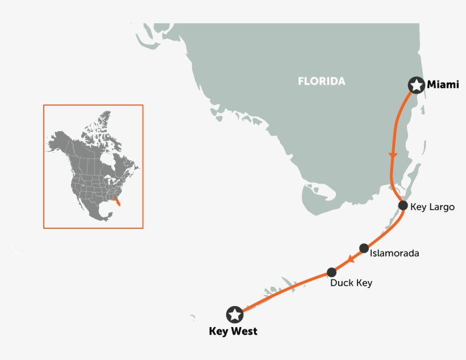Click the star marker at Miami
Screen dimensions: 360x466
(x=417, y=85)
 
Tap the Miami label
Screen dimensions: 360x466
(x=443, y=85)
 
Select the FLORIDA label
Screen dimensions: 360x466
(x=321, y=81)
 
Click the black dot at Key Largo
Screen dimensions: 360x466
(x=403, y=206)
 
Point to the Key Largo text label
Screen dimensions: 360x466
(x=432, y=207)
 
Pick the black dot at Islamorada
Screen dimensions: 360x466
(x=364, y=248)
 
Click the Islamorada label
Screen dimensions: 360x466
(x=394, y=253)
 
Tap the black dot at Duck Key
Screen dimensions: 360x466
(x=332, y=273)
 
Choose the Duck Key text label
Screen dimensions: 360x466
(x=351, y=283)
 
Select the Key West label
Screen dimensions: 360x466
(x=233, y=331)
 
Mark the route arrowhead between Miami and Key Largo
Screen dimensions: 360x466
(x=392, y=155)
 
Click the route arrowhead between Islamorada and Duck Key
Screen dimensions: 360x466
(x=351, y=259)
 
